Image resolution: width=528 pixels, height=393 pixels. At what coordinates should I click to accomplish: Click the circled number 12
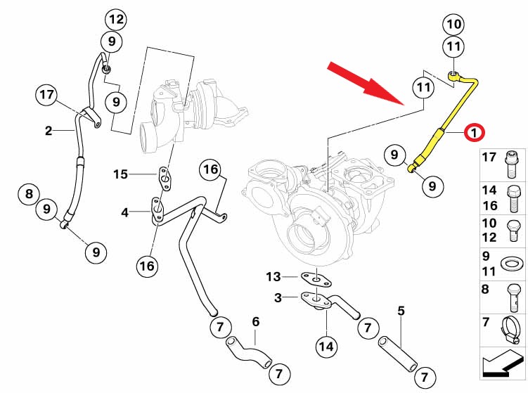(x=115, y=18)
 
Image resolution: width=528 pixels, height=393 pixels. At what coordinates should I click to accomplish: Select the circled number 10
(x=453, y=25)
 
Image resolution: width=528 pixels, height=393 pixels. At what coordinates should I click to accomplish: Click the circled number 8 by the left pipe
(x=29, y=193)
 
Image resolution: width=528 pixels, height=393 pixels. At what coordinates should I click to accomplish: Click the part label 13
(x=273, y=276)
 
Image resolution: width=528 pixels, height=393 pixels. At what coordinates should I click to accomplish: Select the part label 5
(x=401, y=309)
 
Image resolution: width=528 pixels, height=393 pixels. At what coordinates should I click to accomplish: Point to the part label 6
(x=256, y=321)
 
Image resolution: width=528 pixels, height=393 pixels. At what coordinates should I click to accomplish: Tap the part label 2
(x=49, y=130)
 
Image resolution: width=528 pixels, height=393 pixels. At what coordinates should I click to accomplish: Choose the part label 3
(x=278, y=297)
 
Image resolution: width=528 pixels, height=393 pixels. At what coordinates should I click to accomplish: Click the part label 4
(x=123, y=211)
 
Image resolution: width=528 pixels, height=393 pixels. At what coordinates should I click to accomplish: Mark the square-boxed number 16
(x=210, y=169)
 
